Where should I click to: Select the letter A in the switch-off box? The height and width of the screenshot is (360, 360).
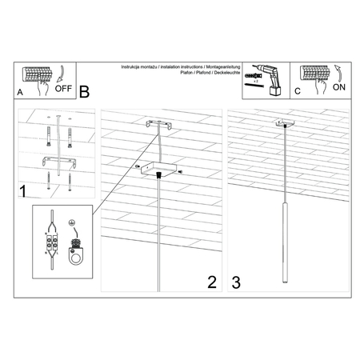tap(20, 92)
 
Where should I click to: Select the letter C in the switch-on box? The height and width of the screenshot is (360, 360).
tap(297, 91)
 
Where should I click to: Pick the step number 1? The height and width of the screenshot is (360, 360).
tap(26, 192)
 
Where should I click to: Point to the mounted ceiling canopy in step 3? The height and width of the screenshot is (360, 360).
tap(282, 124)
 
